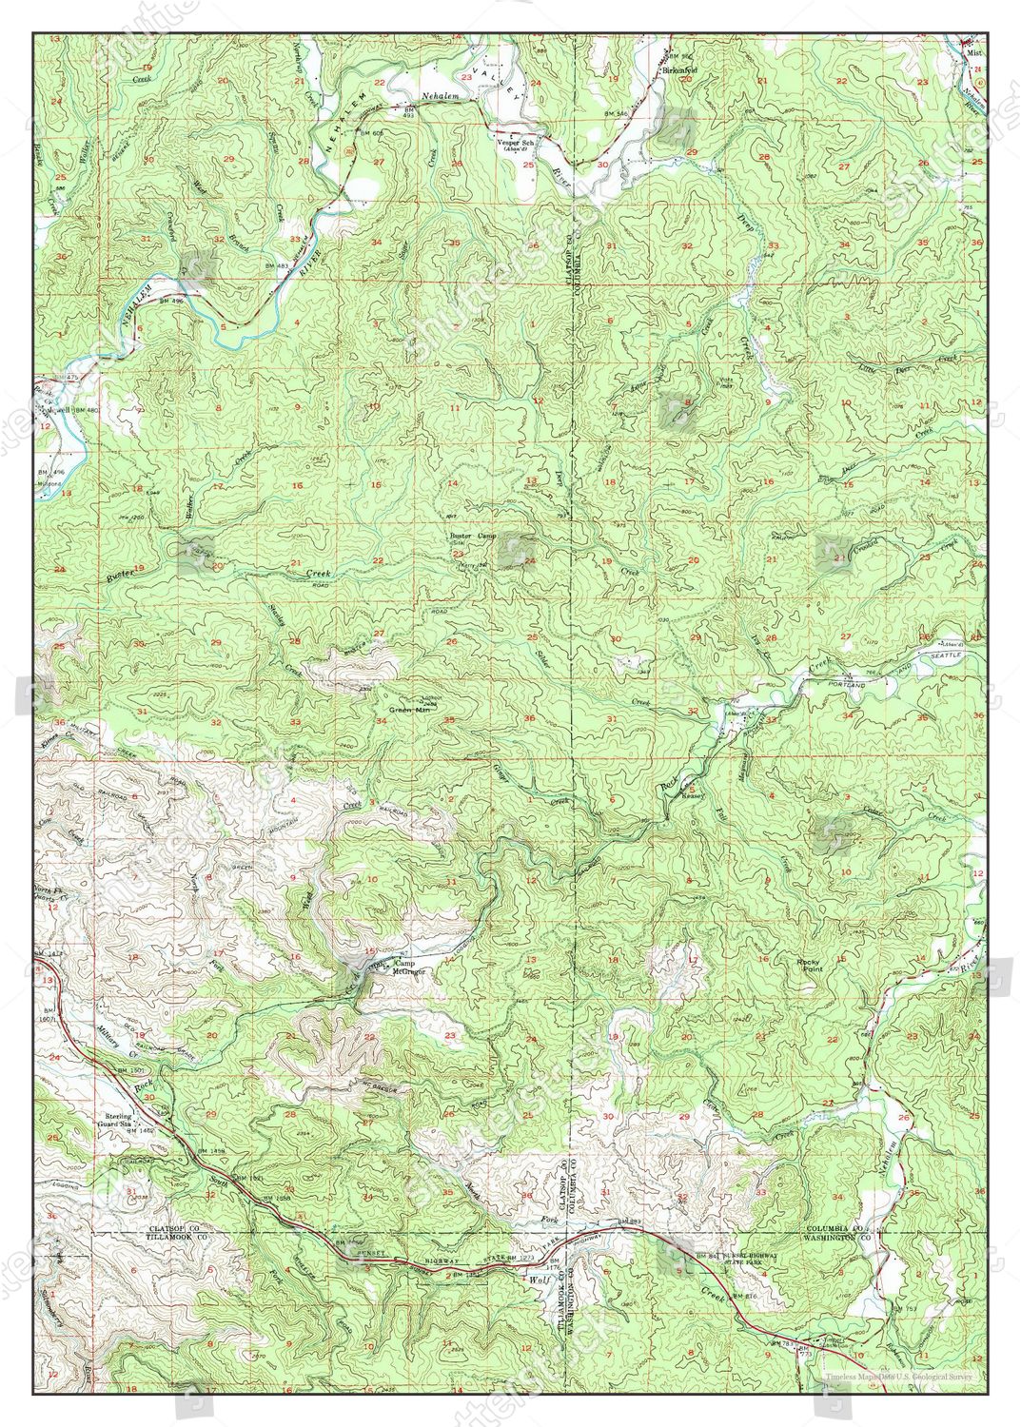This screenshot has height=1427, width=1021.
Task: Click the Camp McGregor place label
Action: (x=410, y=968)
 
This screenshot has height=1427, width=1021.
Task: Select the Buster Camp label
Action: (x=474, y=537)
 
